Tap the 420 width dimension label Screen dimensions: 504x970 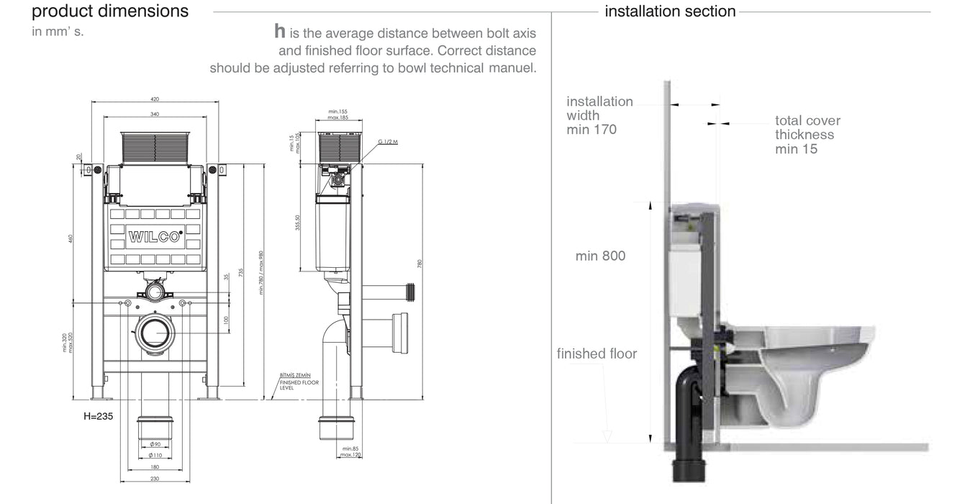click(x=155, y=99)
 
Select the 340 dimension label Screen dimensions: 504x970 click(x=155, y=114)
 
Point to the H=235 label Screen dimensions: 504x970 click(x=99, y=416)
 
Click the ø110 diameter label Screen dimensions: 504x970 click(x=155, y=455)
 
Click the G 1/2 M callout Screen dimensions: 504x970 click(x=388, y=142)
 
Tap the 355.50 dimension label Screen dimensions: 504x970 click(x=298, y=223)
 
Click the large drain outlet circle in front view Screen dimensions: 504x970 click(x=155, y=333)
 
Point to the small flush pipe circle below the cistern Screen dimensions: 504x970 click(x=155, y=291)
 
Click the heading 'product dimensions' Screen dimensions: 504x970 click(x=110, y=12)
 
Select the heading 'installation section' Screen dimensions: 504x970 click(x=670, y=12)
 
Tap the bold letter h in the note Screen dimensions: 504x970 click(x=280, y=32)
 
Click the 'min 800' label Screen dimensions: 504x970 click(x=600, y=256)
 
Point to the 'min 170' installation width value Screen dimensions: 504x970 click(x=591, y=130)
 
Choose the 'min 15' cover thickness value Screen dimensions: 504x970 click(x=796, y=149)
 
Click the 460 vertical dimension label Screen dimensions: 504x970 click(x=71, y=238)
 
